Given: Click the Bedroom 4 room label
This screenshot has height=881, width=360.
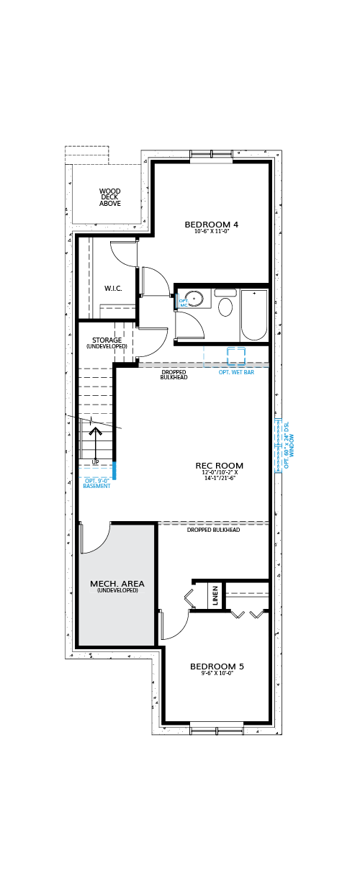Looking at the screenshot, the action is (211, 225).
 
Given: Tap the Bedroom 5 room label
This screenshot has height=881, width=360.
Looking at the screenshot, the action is (217, 667).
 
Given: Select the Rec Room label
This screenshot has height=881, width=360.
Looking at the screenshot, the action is (219, 466).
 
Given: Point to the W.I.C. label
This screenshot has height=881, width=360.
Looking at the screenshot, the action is (113, 289).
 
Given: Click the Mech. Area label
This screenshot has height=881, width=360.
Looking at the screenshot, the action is (117, 584).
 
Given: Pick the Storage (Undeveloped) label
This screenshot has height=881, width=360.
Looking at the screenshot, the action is (107, 343).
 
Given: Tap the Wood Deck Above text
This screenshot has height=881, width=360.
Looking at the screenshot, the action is (109, 197).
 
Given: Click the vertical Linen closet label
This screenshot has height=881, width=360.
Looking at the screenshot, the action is (215, 595).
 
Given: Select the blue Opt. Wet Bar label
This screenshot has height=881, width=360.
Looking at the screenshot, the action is (236, 372).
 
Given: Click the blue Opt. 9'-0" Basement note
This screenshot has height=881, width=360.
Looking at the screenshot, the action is (96, 484).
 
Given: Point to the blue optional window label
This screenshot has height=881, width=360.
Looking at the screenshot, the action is (289, 446).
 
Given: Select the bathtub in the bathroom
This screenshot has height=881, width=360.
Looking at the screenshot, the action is (254, 315).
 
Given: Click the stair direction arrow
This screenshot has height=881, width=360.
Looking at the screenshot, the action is (95, 443).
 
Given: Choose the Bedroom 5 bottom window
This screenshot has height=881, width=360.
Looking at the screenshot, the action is (217, 728).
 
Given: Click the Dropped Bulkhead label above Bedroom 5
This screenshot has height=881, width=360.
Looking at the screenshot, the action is (214, 530).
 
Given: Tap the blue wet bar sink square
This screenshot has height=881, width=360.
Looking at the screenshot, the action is (236, 356).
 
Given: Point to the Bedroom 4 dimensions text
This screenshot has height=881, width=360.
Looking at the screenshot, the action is (212, 232).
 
